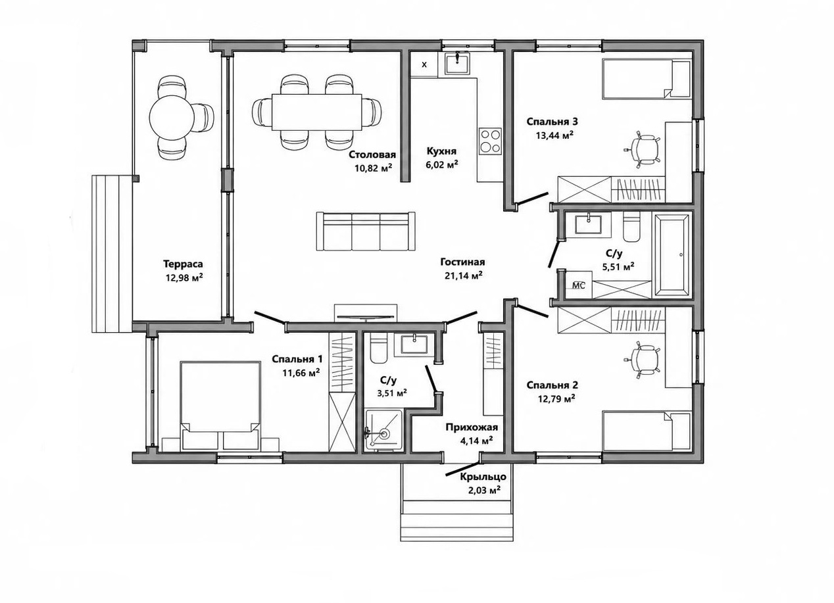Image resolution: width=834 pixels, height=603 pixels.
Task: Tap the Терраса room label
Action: tap(184, 264)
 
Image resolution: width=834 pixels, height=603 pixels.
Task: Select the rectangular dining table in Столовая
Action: tap(317, 112)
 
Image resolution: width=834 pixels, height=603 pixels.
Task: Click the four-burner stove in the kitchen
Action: tap(489, 141)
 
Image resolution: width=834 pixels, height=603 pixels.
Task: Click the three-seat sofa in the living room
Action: tap(366, 231)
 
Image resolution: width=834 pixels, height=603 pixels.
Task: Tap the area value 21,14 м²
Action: tap(464, 276)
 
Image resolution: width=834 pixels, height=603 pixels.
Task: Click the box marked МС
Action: tap(578, 285)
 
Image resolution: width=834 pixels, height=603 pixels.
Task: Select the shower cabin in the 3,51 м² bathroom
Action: tap(384, 430)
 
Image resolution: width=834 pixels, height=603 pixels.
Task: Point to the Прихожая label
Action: tap(472, 427)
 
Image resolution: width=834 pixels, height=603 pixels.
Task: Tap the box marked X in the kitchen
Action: tap(424, 64)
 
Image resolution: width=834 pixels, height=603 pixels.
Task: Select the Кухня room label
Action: tap(441, 151)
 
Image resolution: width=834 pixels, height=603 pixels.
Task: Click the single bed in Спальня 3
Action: tap(647, 79)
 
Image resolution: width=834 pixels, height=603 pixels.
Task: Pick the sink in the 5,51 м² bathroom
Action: tap(588, 224)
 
